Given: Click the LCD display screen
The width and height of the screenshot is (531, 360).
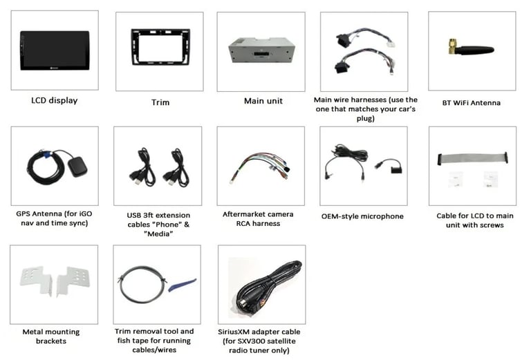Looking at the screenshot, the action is tap(55, 50).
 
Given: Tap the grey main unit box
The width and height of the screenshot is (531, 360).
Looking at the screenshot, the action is tap(261, 50).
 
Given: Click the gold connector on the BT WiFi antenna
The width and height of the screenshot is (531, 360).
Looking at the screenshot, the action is tap(452, 47).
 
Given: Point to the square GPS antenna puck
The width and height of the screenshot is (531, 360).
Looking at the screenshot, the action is tap(77, 167).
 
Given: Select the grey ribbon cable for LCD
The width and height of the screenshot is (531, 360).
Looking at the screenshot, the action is tap(473, 158).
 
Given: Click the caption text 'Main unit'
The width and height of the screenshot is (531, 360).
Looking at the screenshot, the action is tap(263, 101).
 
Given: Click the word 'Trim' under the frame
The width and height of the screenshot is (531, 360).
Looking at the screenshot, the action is tap(160, 102).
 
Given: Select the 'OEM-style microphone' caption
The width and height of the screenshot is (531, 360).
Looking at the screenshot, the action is tap(362, 216).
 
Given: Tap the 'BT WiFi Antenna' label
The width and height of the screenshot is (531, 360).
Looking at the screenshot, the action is tap(472, 103).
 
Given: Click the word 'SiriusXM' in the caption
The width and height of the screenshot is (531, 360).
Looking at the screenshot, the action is tap(234, 332).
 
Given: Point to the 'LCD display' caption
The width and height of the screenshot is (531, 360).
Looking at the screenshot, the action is tap(54, 100).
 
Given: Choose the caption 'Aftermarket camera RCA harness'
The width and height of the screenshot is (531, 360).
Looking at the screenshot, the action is tap(258, 218).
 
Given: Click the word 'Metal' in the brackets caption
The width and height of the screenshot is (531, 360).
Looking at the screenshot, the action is tap(32, 332).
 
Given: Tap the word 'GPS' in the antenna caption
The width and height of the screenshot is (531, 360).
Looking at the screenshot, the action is tap(24, 214).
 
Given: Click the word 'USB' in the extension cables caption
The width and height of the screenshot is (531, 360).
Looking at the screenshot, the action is tap(134, 215).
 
